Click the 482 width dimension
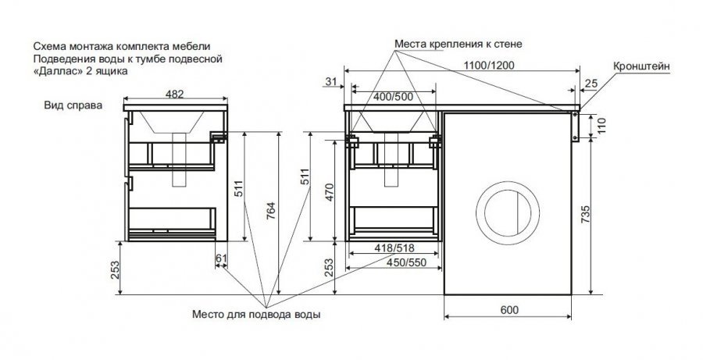click(175, 94)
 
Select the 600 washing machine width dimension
click(508, 310)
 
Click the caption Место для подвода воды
click(257, 315)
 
